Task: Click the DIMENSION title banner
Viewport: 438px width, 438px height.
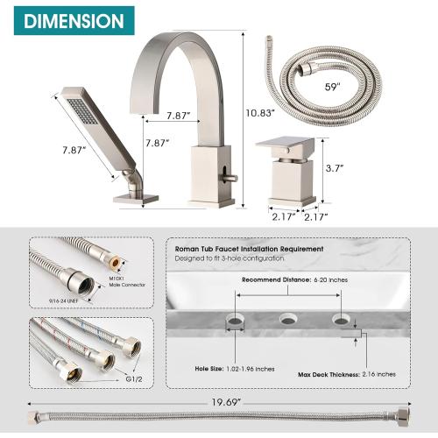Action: coord(67,19)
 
